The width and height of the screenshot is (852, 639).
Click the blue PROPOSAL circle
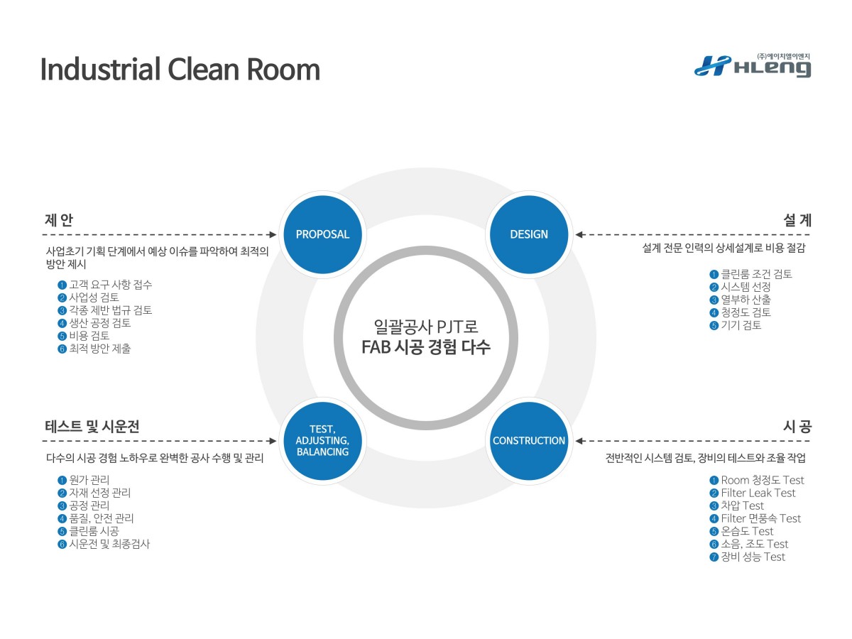pos(322,234)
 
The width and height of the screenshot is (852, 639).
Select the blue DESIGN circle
pos(529,234)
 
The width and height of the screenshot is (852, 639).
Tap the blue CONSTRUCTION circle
pos(529,441)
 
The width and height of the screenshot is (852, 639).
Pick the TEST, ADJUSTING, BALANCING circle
pos(322,441)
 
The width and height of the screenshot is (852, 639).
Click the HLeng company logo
pos(753,65)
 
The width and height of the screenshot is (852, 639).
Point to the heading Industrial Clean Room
pos(180,70)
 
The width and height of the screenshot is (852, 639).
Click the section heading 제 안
pos(59,220)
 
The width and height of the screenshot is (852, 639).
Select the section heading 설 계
pos(797,220)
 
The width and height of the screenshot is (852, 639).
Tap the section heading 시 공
pos(797,427)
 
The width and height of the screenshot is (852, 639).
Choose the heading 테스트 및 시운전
pos(92,427)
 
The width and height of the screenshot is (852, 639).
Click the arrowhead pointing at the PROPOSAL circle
pos(273,234)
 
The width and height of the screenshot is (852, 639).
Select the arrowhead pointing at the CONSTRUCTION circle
pos(579,441)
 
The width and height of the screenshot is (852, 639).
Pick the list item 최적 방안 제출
pos(99,349)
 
